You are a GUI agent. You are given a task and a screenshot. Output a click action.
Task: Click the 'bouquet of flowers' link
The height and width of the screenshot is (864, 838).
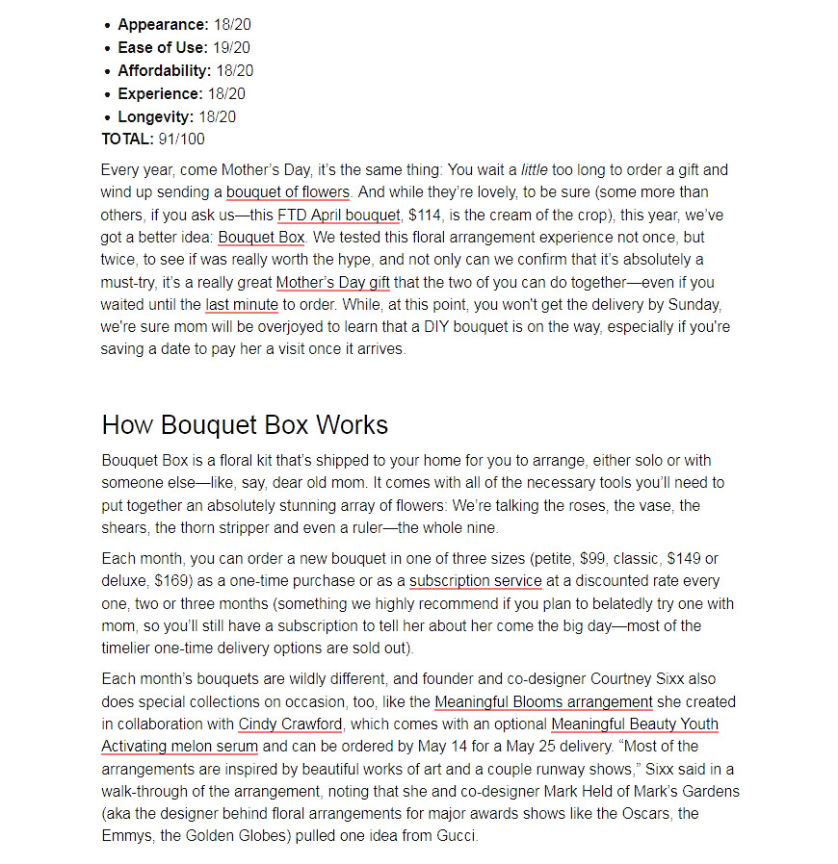[287, 192]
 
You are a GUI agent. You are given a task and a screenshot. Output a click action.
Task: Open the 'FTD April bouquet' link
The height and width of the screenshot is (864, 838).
[338, 215]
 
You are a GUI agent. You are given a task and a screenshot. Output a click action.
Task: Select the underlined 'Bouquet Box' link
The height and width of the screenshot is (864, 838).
[261, 237]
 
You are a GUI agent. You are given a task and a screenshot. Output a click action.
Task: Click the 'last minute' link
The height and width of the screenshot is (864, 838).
[241, 305]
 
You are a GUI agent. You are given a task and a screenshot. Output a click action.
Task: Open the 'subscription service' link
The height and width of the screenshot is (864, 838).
[475, 581]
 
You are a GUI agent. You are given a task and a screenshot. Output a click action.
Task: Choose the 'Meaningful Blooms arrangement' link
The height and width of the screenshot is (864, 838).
[543, 701]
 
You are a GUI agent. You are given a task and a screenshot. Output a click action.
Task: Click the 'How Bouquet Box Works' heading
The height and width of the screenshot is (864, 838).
[245, 425]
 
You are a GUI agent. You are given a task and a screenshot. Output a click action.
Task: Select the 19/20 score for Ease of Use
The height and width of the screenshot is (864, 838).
[230, 48]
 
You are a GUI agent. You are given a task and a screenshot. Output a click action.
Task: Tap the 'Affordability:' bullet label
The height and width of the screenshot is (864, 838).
[164, 71]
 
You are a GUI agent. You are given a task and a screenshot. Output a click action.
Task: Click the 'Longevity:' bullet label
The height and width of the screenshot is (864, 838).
[155, 117]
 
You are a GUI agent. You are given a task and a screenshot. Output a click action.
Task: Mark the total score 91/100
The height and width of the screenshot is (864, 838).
[181, 140]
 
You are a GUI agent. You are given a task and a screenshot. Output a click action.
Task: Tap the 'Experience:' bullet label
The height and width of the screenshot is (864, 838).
[160, 94]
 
